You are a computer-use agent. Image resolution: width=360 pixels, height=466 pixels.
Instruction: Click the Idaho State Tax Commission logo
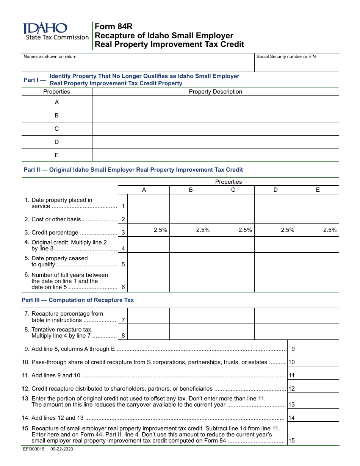pos(55,32)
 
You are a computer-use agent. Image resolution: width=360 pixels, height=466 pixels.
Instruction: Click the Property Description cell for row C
pos(215,129)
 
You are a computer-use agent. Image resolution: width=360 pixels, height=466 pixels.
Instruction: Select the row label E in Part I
pos(57,155)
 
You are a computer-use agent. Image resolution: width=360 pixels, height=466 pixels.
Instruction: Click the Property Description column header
pos(215,92)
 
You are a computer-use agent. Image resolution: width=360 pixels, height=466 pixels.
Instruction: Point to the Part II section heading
pos(133,170)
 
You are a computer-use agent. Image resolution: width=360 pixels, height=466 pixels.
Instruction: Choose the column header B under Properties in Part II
pos(191,190)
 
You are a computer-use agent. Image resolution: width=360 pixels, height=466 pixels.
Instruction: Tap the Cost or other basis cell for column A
pos(149,217)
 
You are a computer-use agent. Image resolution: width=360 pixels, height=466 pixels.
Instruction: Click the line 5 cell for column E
pos(318,260)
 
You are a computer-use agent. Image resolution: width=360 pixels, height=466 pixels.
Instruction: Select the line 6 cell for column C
pos(233,280)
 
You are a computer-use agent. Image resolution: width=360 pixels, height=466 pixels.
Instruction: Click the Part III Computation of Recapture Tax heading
pos(78,300)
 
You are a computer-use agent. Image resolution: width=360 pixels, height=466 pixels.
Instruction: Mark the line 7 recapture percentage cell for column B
pos(191,316)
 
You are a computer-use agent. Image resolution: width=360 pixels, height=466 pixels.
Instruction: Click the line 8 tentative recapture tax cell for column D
pos(275,332)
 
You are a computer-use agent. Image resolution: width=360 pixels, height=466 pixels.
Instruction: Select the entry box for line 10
pos(318,360)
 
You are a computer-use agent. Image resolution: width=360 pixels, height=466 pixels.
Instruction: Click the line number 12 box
pos(291,389)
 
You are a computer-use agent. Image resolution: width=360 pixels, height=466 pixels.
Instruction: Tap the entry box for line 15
pos(318,434)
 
